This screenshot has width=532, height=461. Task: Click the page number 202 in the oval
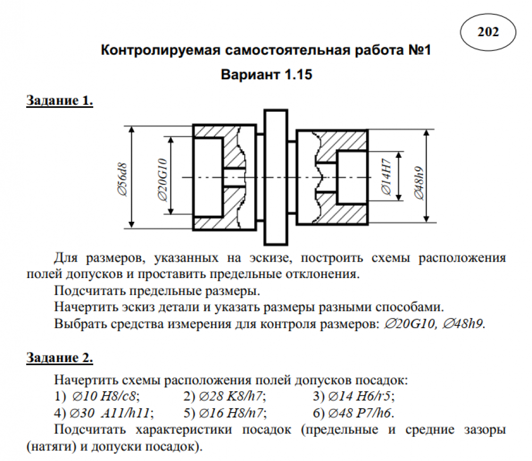coord(488,32)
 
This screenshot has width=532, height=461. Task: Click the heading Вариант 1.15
coord(265,74)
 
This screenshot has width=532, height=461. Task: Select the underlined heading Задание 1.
coord(60,100)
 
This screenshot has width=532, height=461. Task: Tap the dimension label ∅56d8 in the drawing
coord(122,178)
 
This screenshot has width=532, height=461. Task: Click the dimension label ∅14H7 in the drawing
coord(387,177)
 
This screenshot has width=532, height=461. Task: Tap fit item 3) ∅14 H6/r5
coord(354,396)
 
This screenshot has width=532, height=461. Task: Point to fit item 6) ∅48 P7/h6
coord(354,413)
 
